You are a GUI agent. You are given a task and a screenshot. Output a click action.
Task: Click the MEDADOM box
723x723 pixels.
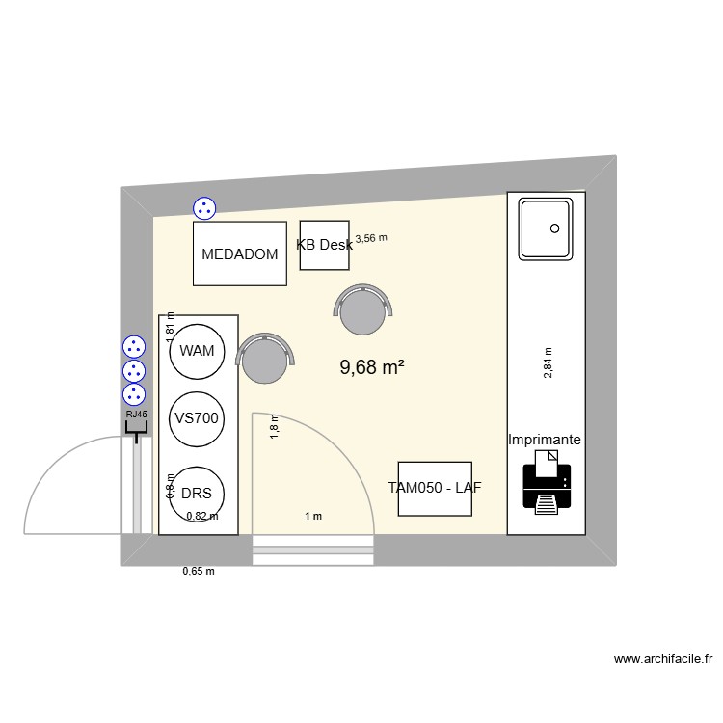(240, 254)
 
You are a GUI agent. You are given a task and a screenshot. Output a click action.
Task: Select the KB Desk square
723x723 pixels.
(324, 245)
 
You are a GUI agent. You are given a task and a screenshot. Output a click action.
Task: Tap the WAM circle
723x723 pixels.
(197, 351)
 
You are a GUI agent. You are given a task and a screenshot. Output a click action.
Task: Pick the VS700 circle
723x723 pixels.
(197, 418)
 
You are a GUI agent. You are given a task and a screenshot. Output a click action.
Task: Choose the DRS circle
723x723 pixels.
(197, 493)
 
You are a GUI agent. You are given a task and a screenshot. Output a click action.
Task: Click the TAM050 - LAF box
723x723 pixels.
(435, 488)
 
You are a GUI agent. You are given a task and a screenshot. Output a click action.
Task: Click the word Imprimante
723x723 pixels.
(545, 440)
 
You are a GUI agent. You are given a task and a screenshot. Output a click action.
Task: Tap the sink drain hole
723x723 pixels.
(554, 228)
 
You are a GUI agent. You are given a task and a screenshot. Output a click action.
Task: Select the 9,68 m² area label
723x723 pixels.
(372, 367)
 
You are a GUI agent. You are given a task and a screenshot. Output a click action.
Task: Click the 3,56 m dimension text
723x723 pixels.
(371, 238)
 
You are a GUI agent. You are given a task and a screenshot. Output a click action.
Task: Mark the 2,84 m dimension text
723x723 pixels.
(548, 363)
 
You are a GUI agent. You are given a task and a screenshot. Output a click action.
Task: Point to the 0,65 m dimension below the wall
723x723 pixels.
(198, 572)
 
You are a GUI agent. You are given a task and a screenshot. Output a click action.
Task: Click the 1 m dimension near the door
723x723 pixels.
(313, 517)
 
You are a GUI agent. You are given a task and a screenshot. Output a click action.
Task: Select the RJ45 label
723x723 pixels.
(137, 415)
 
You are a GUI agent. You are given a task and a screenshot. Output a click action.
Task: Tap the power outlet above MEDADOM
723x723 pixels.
(203, 207)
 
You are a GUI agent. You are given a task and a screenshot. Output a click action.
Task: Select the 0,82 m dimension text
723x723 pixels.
(202, 517)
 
